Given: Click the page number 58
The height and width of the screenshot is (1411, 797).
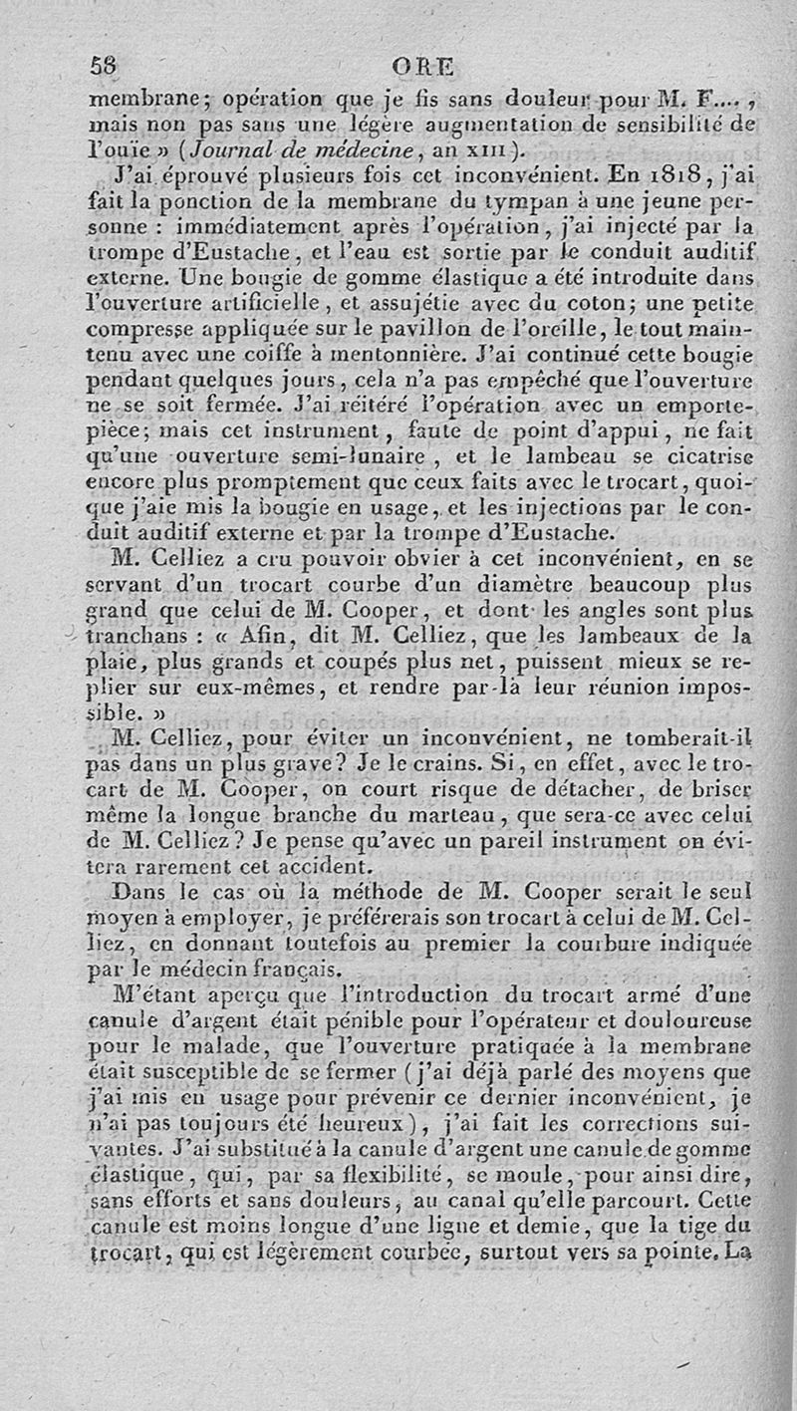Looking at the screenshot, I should pos(104,67).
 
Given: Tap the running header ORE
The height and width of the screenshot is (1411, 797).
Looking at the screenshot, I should pos(422,68).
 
